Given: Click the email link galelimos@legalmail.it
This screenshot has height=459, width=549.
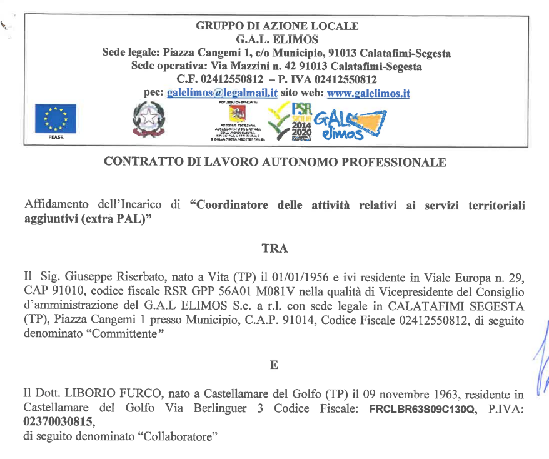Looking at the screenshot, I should click(222, 93).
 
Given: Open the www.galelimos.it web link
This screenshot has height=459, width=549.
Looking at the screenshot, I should click(368, 93).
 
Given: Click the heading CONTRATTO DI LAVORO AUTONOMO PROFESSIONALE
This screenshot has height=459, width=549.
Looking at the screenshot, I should click(274, 162).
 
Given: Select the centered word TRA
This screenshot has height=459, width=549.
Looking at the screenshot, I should click(274, 248).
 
